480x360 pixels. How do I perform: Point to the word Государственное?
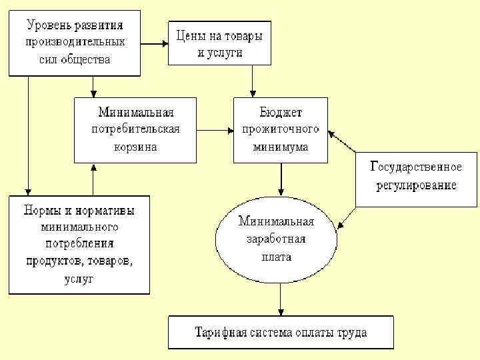point(416,167)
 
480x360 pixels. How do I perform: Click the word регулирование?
point(416,185)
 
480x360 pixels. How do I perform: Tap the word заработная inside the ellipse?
point(275,239)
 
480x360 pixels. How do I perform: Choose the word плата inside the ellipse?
point(275,256)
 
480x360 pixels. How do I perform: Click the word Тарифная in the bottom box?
point(220,332)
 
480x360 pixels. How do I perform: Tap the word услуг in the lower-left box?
point(79,279)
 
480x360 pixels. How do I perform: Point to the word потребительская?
point(135,129)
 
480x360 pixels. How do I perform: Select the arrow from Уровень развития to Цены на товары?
point(154,44)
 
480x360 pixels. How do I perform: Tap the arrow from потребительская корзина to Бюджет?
point(215,130)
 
